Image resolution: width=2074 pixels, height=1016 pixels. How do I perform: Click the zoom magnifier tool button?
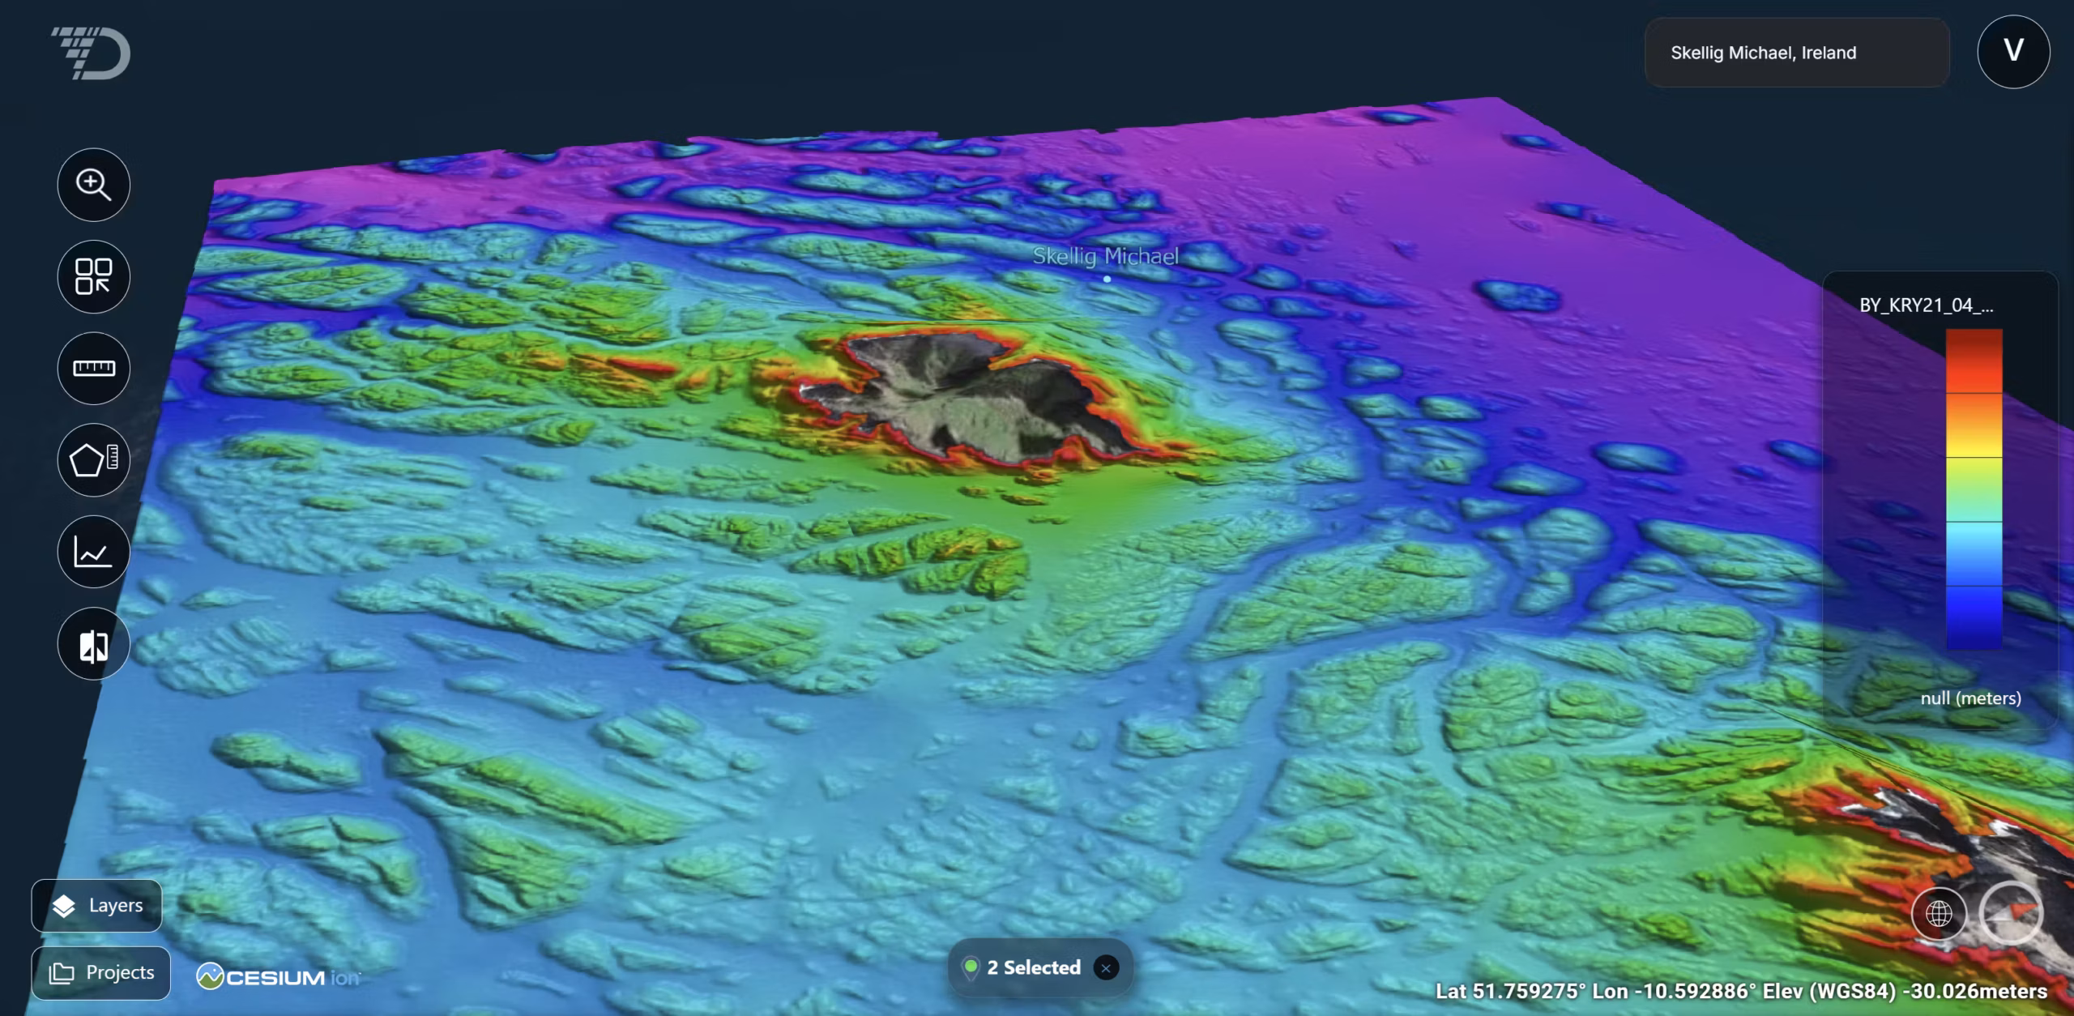(x=94, y=185)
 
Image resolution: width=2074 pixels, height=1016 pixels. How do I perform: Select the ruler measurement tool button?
(x=94, y=369)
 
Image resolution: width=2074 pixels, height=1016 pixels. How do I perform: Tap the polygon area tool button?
(x=94, y=460)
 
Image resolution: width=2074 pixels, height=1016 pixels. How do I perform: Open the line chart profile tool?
(x=94, y=553)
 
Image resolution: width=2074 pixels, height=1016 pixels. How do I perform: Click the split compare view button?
(x=94, y=645)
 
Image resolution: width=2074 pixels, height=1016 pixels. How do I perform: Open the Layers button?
(x=97, y=905)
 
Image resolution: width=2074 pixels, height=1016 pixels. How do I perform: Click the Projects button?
(x=101, y=972)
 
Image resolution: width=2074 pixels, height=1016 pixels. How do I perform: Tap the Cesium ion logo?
(x=278, y=977)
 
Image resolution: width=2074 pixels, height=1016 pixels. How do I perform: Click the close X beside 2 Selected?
(x=1106, y=967)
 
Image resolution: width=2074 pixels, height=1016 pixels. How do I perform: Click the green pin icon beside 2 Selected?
(x=970, y=967)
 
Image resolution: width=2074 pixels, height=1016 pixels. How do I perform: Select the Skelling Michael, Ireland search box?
(x=1795, y=53)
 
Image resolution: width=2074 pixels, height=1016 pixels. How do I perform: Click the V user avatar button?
(x=2013, y=51)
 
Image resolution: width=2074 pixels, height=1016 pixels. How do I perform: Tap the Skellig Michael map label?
(x=1105, y=256)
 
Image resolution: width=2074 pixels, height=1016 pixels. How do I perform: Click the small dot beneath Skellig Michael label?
(x=1107, y=279)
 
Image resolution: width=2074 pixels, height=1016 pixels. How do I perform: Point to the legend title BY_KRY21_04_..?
(x=1926, y=305)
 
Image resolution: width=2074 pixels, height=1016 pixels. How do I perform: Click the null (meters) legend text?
(x=1970, y=698)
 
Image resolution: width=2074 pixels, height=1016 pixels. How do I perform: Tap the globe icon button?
(x=1939, y=914)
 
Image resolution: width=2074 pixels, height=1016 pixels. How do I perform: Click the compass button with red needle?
(x=2011, y=914)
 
